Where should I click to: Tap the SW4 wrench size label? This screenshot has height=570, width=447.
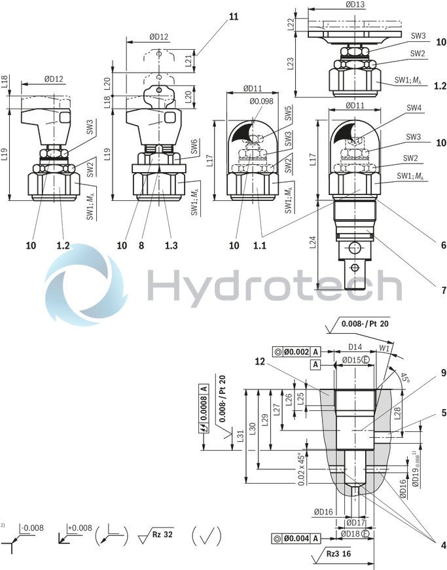[x=414, y=108]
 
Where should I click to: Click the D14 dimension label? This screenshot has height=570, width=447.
[x=354, y=347]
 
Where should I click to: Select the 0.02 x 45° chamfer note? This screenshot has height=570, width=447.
[x=300, y=469]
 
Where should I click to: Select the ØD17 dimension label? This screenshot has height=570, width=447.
[x=355, y=522]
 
